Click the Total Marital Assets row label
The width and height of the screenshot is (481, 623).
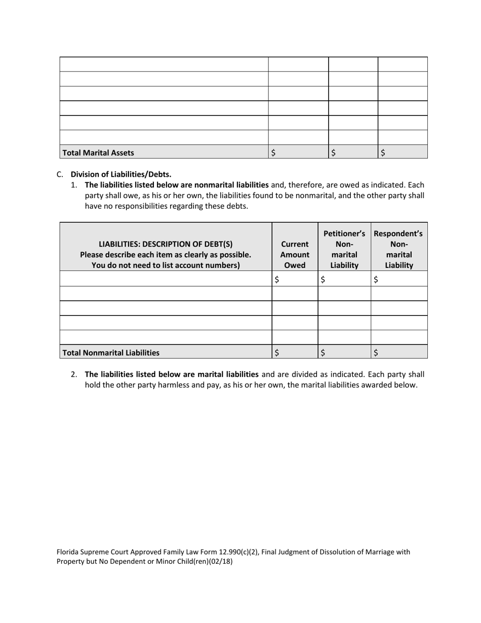click(98, 152)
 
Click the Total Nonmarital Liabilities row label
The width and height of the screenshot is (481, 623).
click(110, 353)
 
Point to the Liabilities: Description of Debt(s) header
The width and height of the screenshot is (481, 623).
click(166, 244)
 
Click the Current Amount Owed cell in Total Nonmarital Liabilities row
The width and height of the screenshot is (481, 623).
click(295, 353)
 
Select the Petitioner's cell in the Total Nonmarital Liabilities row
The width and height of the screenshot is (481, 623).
click(344, 353)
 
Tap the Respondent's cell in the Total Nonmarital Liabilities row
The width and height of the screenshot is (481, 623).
click(399, 353)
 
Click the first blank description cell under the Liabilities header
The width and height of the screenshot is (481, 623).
click(166, 279)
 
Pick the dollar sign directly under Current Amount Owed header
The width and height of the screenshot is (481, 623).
click(277, 279)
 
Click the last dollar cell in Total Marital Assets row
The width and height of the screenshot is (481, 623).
click(403, 152)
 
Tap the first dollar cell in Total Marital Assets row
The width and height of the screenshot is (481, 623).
click(298, 152)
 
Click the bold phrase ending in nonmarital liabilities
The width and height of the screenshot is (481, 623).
click(177, 185)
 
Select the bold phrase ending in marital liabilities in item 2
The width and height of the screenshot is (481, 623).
click(172, 374)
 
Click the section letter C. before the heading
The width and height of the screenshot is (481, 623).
click(60, 174)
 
